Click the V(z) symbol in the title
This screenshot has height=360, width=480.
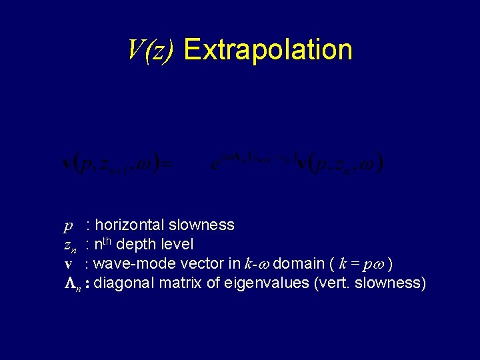click(x=151, y=49)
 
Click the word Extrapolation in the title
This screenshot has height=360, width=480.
click(x=267, y=50)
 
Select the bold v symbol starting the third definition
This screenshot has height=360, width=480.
click(x=68, y=265)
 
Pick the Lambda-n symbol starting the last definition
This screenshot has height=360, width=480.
click(x=72, y=284)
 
